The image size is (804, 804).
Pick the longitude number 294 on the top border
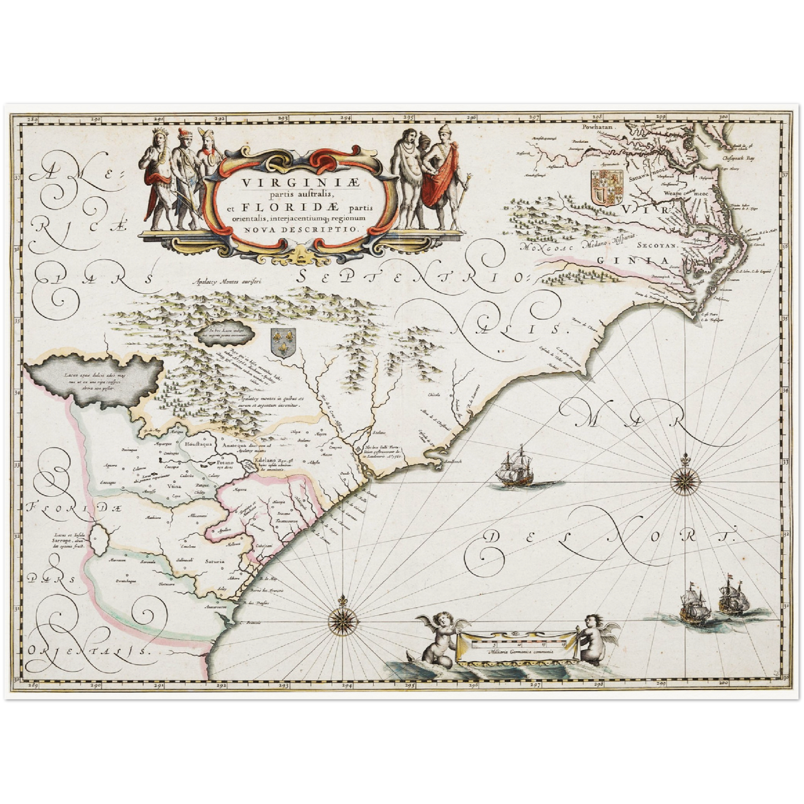coord(346,118)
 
